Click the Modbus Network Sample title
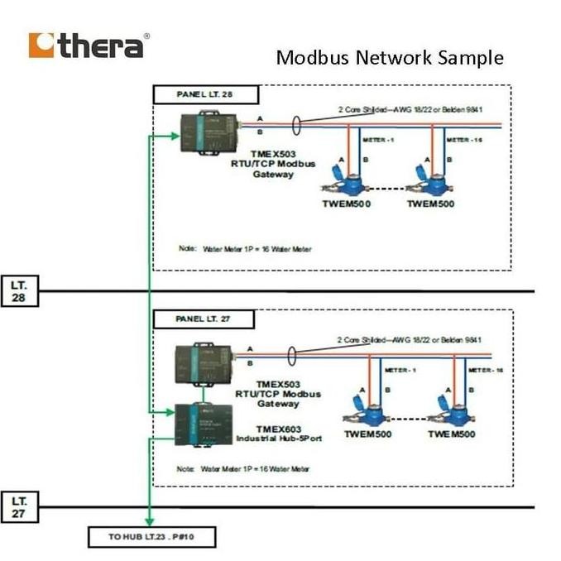389,58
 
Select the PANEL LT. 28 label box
206,94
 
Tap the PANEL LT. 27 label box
203,319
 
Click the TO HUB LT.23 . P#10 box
152,538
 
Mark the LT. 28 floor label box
19,291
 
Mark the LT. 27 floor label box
19,507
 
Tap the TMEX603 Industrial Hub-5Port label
278,433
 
